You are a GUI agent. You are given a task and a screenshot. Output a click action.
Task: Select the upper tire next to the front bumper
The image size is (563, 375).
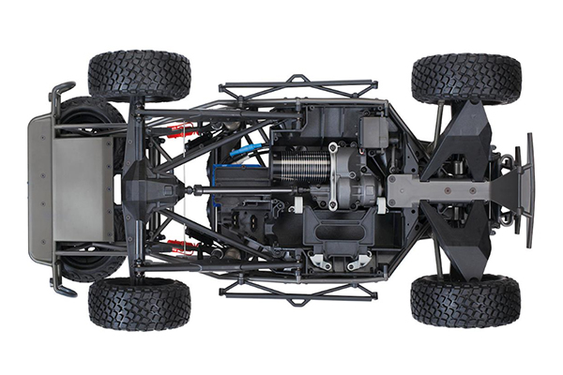(465, 78)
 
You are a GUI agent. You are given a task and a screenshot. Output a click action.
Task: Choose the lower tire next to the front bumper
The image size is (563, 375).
(465, 300)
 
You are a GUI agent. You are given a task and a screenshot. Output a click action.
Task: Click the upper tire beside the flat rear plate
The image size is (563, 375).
(139, 75)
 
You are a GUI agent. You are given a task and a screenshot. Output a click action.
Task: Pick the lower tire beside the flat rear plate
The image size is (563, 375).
(139, 303)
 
